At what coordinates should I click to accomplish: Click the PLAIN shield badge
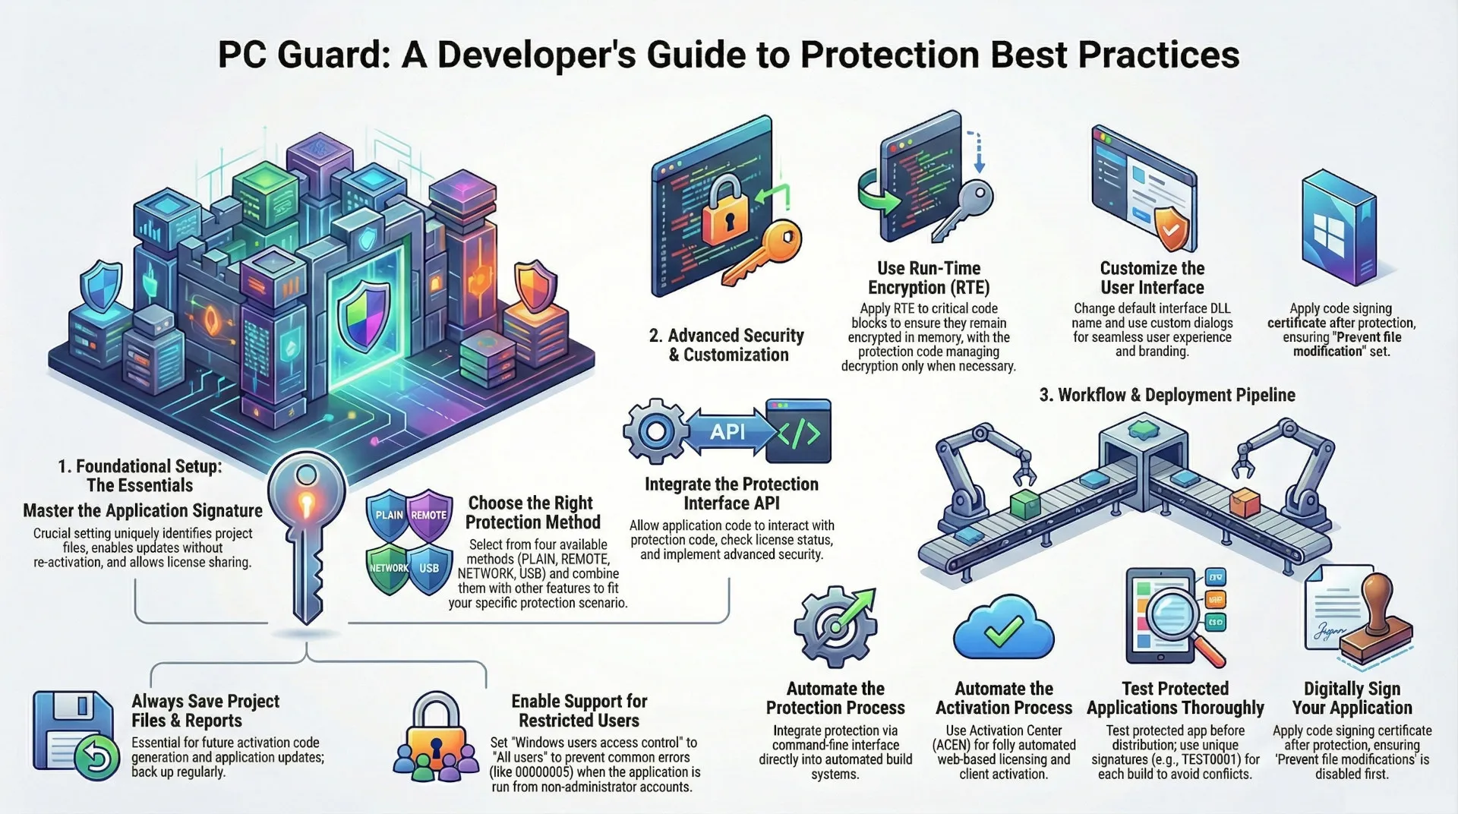389,515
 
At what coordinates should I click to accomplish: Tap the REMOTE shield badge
429,515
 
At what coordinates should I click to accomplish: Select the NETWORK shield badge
389,568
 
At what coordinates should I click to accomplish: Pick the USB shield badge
429,568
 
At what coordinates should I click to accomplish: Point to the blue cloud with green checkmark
1003,629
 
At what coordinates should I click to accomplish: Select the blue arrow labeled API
727,432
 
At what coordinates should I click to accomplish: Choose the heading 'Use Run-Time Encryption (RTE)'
929,278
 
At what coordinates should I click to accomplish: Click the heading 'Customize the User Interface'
1152,278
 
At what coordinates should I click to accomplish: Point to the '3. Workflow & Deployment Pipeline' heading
1166,395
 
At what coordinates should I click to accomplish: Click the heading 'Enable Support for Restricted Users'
579,711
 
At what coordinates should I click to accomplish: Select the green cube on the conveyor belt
1026,504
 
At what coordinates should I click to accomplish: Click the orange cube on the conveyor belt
1243,503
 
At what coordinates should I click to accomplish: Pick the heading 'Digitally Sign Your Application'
1352,698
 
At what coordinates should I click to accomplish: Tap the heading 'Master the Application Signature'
143,510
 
